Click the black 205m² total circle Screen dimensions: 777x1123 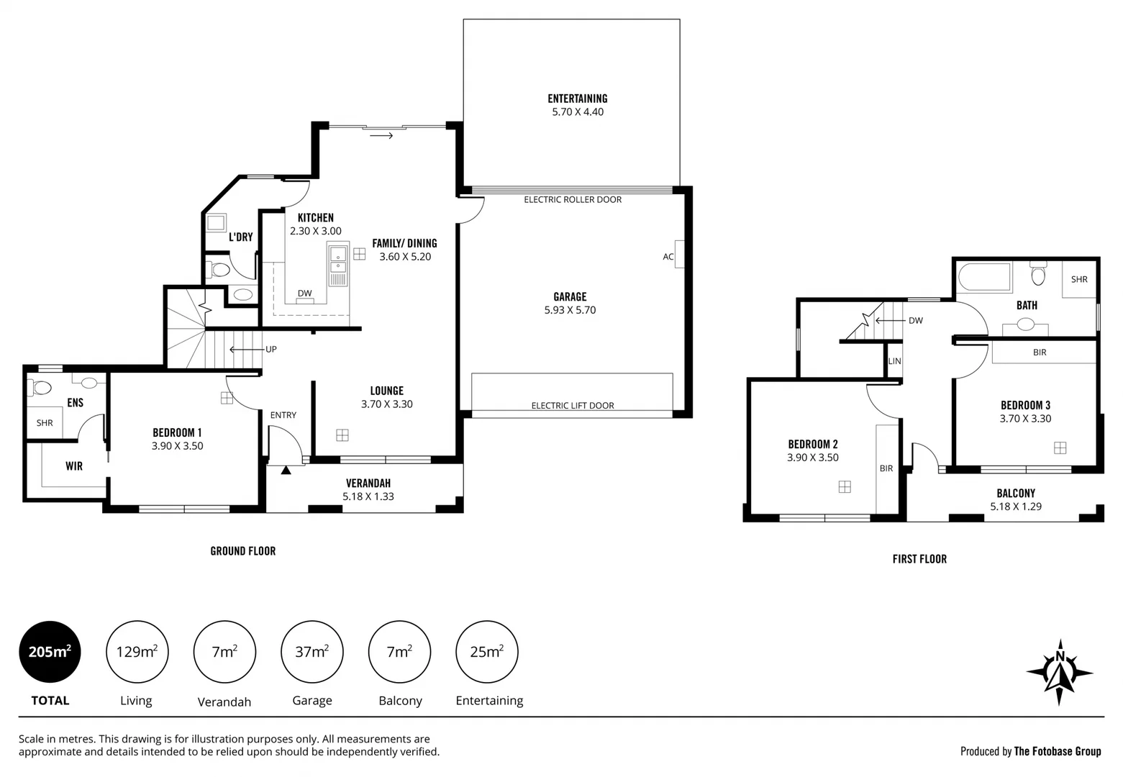point(50,652)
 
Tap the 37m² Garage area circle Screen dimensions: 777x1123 point(312,652)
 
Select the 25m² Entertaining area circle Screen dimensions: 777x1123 point(487,652)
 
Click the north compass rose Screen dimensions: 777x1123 point(1059,672)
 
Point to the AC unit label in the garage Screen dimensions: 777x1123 point(668,257)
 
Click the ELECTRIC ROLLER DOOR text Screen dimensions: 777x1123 point(573,199)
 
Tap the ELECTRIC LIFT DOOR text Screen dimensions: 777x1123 point(573,405)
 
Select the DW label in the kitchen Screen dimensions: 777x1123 point(305,293)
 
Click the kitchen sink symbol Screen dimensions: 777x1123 point(337,264)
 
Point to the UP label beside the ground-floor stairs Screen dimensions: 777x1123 point(271,350)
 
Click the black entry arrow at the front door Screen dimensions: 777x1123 point(286,471)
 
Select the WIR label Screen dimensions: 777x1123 point(74,466)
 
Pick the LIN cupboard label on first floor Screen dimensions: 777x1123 point(894,361)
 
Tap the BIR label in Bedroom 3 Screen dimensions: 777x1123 point(1039,353)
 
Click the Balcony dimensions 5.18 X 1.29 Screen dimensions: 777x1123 point(1016,506)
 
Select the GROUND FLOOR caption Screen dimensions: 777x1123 point(242,551)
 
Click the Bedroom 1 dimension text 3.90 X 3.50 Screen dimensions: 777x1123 point(177,446)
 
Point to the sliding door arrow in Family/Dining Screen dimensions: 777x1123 point(381,135)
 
